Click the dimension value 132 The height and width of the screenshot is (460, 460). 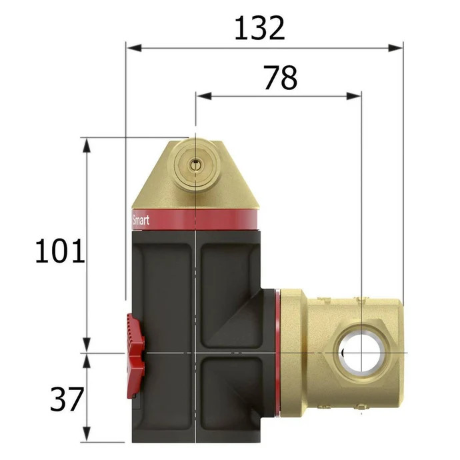[259, 28]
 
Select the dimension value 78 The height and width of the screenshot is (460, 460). [280, 78]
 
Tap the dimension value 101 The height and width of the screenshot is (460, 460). [60, 251]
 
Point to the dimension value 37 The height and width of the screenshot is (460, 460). [67, 399]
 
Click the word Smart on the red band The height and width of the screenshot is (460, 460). [141, 220]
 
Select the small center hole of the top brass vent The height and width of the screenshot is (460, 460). [195, 166]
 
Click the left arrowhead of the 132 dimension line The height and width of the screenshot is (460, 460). [134, 48]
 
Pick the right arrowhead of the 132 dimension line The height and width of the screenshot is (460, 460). [395, 48]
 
